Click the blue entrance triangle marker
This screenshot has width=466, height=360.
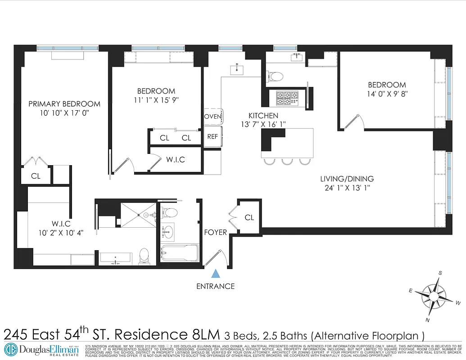(x=216, y=273)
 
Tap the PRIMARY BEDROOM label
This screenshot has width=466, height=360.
(x=64, y=103)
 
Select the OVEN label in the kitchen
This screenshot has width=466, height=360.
(x=213, y=116)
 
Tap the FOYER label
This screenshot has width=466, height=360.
(x=215, y=232)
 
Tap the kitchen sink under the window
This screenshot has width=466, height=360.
(x=236, y=70)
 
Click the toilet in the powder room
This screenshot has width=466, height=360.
(x=274, y=76)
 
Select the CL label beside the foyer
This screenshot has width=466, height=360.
(x=249, y=217)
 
